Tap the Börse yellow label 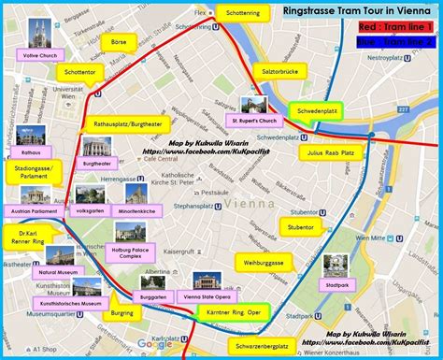(117, 42)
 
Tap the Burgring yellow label (122, 311)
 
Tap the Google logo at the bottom (155, 345)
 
